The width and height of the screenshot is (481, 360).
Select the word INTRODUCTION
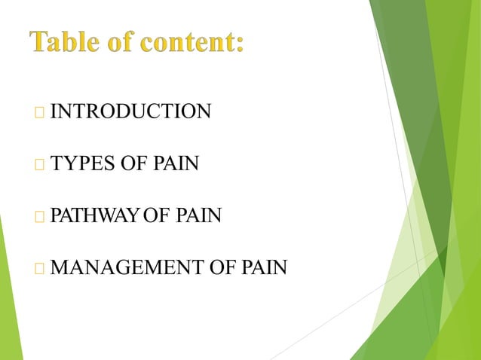click(x=130, y=113)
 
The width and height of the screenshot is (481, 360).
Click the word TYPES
click(x=80, y=163)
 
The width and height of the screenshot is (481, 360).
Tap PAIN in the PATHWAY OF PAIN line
click(x=199, y=217)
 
